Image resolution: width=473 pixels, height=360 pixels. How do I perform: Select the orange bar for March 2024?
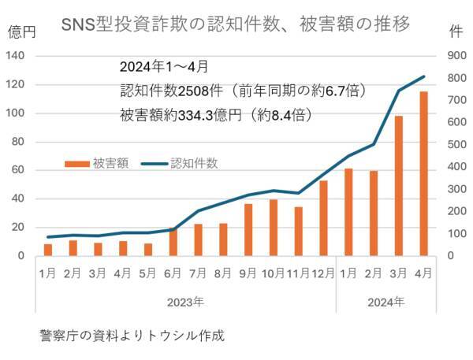coord(399,186)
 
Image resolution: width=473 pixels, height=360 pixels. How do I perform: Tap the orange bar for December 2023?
coord(323,218)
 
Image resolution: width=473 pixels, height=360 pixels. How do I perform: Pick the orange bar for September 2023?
coord(248,229)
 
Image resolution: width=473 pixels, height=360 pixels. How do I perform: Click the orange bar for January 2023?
coord(48,250)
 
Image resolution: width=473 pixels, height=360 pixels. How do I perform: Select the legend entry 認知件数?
coord(194,164)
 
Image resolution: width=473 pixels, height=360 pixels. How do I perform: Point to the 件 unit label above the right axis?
coord(455,32)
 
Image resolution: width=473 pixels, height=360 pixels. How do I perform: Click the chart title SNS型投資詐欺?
coord(236,24)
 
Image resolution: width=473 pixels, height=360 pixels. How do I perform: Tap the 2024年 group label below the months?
coord(386,302)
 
